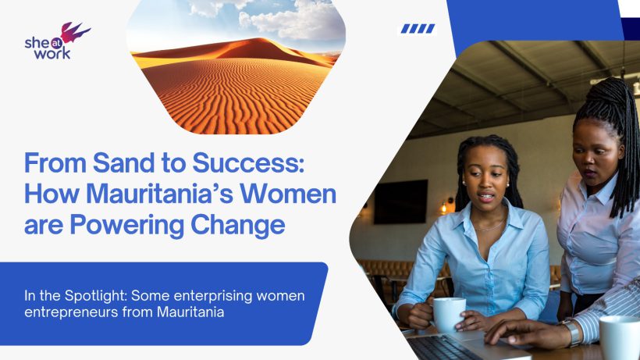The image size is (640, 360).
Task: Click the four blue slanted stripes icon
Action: pos(418,29)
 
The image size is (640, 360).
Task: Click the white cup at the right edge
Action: pos(620,337)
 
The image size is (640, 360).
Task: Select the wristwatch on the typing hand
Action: pos(572,333)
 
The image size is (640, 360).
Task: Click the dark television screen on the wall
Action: pos(400,201)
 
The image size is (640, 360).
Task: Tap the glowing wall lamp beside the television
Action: pos(444,207)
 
